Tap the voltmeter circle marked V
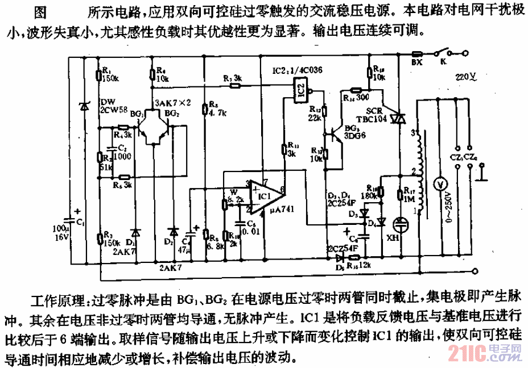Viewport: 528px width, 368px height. pos(438,185)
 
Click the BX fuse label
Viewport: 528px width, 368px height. pos(416,62)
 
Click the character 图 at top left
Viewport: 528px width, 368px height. pos(40,11)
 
